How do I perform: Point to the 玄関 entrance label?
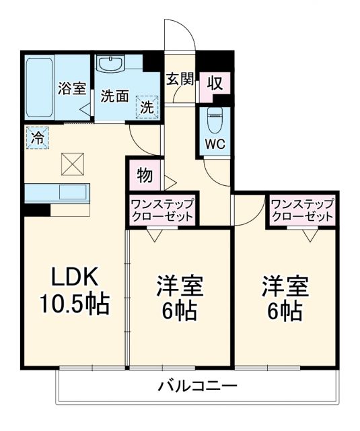[180, 79]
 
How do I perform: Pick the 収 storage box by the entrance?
[215, 84]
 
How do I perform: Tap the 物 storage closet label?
[143, 175]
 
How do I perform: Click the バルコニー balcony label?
[197, 387]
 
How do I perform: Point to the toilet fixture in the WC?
[215, 121]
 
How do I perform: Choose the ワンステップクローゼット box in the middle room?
[161, 210]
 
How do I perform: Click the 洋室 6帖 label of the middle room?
[179, 298]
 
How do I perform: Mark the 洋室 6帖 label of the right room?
[286, 298]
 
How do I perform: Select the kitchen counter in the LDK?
[57, 192]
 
